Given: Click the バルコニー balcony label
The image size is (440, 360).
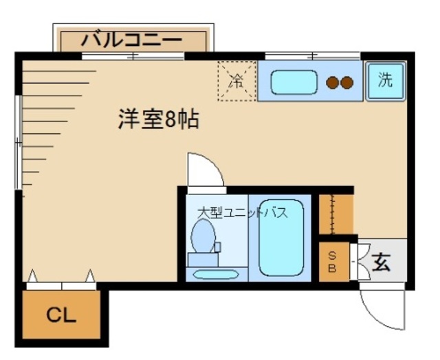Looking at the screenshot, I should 132,40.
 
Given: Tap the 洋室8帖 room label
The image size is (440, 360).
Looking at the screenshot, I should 157,120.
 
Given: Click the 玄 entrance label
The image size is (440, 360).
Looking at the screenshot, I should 383,262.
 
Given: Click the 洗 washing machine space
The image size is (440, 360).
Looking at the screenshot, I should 386,80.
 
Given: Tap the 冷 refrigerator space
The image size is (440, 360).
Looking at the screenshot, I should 236,80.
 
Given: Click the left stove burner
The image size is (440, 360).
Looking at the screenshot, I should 332,83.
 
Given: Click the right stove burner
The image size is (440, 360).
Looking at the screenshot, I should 347,83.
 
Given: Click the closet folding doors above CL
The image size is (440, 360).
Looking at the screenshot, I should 61,282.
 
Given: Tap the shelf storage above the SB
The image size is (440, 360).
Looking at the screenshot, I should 335,214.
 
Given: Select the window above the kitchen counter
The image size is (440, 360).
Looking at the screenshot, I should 312,55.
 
